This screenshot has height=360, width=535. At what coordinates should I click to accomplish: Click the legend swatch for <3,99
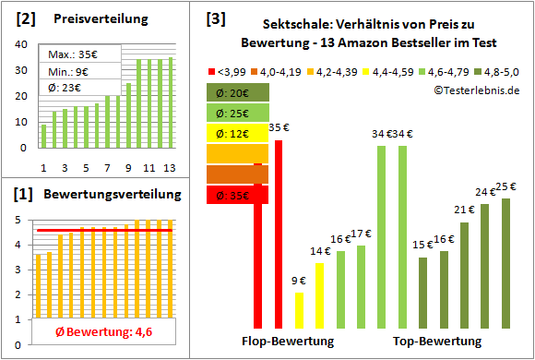(x=213, y=70)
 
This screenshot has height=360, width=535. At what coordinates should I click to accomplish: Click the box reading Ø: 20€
(x=237, y=92)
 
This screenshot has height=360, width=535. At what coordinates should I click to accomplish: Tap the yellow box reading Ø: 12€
(x=237, y=133)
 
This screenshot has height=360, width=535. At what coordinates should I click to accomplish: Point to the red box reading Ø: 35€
(x=237, y=195)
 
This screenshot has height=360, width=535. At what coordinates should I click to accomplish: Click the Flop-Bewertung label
(x=294, y=341)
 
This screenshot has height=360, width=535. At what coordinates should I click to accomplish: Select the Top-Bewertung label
(x=437, y=341)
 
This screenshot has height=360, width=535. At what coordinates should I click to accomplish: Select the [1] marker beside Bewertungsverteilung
(x=25, y=195)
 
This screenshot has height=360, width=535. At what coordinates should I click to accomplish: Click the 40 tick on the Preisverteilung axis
(x=23, y=41)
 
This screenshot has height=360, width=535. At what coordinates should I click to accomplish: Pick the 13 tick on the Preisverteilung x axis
(x=169, y=166)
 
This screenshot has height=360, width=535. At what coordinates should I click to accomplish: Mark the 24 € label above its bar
(x=485, y=192)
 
